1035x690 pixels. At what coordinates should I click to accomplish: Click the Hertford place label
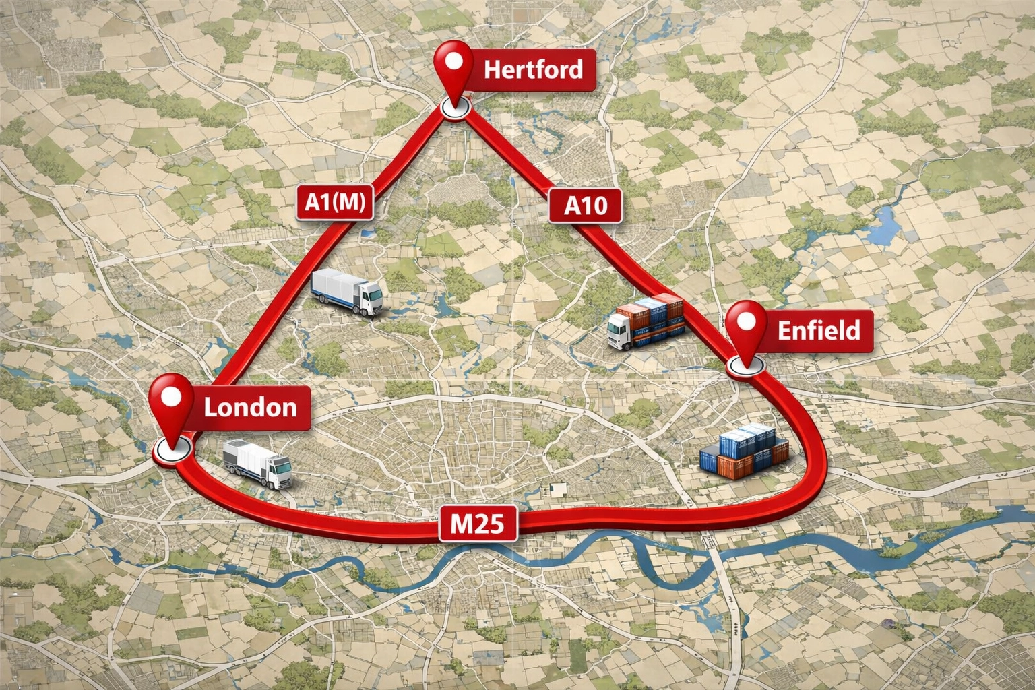533,69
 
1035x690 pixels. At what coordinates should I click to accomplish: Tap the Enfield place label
818,331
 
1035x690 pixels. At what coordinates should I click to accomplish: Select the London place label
250,408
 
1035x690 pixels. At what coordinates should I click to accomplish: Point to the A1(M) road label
335,201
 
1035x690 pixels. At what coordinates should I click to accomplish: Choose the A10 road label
585,205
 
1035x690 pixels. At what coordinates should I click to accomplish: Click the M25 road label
477,523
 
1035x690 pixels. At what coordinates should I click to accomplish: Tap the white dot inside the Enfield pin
747,321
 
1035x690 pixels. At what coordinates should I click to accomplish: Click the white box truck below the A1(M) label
348,291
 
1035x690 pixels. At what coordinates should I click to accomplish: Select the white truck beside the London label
257,463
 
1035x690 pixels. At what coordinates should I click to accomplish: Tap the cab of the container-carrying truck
621,331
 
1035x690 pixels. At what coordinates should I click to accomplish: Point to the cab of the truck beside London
278,469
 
